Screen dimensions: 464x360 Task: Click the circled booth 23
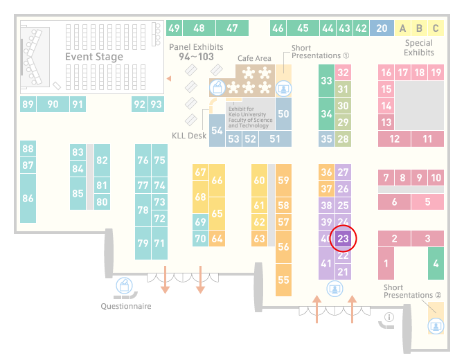tap(343, 238)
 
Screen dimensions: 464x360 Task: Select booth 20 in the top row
tap(382, 28)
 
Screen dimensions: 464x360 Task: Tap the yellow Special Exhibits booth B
tap(419, 28)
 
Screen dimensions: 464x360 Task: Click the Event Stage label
tap(94, 57)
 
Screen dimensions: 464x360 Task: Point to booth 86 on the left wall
tap(28, 198)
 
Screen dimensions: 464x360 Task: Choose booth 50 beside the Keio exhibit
tap(283, 114)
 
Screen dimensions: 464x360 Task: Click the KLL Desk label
tap(189, 136)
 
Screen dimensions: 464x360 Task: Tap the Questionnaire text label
tap(126, 306)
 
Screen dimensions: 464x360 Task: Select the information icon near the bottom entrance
tap(389, 317)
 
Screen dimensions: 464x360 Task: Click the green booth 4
tap(436, 263)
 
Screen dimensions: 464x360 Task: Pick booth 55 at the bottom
tap(283, 280)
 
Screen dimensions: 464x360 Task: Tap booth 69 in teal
tap(200, 222)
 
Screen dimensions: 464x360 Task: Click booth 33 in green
tap(326, 80)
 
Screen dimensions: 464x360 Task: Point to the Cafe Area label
tap(254, 58)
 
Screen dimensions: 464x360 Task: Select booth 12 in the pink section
tap(395, 138)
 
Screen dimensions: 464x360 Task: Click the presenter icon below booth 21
tap(334, 289)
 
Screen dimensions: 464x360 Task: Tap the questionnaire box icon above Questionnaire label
tap(124, 285)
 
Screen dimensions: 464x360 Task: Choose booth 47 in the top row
tap(232, 28)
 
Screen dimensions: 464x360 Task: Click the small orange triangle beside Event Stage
tap(169, 78)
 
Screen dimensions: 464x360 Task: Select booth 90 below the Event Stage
tap(53, 104)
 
